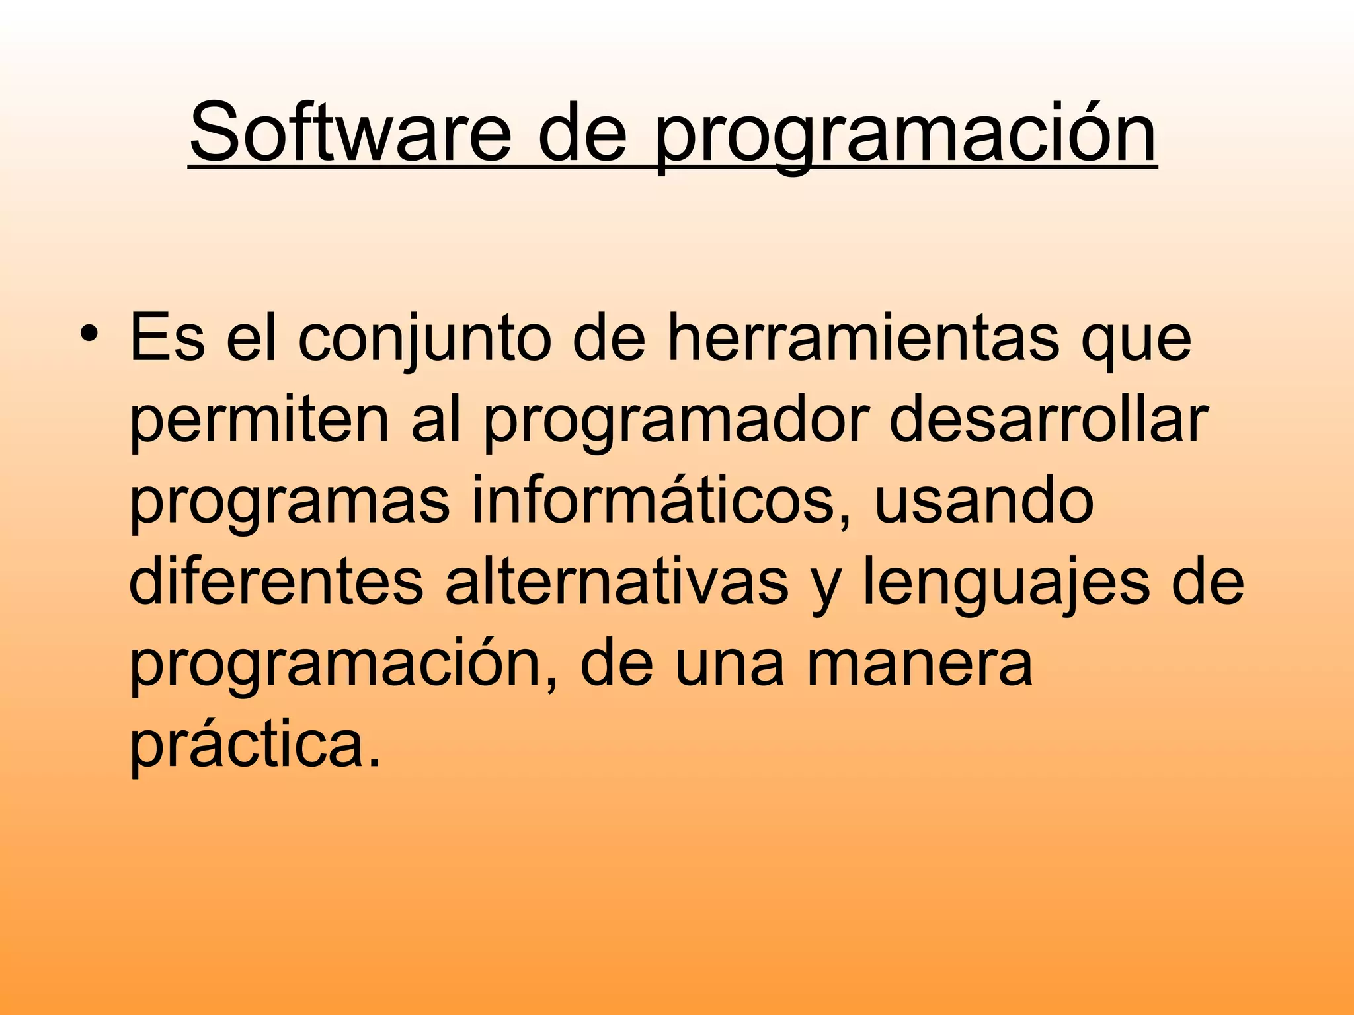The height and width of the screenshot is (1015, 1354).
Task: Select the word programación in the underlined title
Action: click(905, 135)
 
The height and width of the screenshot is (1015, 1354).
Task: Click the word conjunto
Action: click(424, 340)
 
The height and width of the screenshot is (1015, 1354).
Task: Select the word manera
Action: click(919, 664)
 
